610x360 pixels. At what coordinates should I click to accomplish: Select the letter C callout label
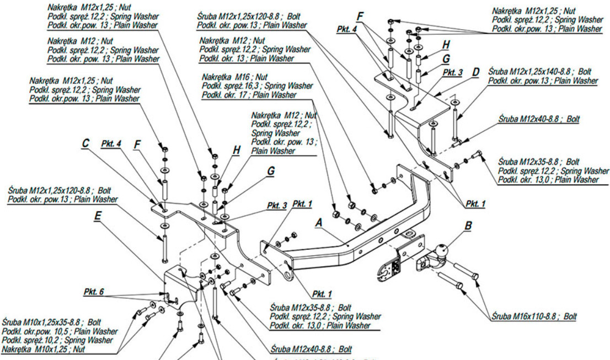pyautogui.click(x=85, y=143)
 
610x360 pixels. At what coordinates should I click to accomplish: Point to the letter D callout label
pyautogui.click(x=475, y=71)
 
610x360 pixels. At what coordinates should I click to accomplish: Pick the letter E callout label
pyautogui.click(x=97, y=216)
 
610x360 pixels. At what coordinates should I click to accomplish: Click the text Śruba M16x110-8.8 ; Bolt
pyautogui.click(x=534, y=317)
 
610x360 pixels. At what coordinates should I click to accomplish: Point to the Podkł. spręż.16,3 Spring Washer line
pyautogui.click(x=257, y=86)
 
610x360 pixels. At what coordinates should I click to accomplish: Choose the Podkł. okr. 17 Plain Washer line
pyautogui.click(x=242, y=95)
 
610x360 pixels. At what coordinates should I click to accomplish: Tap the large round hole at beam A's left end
pyautogui.click(x=288, y=272)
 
